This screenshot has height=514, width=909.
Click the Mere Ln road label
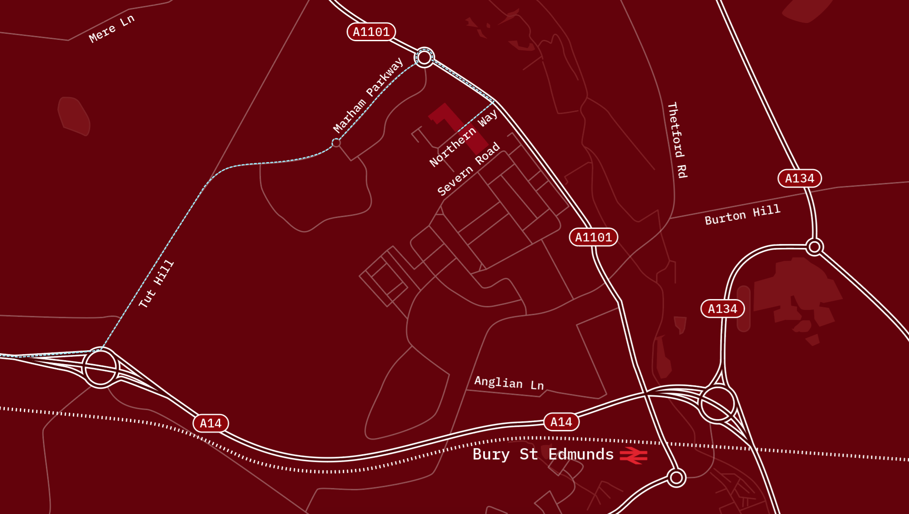pyautogui.click(x=111, y=29)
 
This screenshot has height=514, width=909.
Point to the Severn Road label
pyautogui.click(x=468, y=169)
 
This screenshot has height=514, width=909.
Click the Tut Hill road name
pyautogui.click(x=156, y=284)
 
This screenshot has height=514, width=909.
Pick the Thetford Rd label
pyautogui.click(x=677, y=140)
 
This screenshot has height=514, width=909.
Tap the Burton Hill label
pyautogui.click(x=742, y=215)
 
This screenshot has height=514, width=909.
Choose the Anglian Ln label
pyautogui.click(x=509, y=383)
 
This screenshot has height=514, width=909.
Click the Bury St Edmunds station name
pyautogui.click(x=543, y=454)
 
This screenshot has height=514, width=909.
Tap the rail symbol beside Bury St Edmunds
pyautogui.click(x=633, y=455)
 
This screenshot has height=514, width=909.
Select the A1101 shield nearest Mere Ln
pyautogui.click(x=371, y=32)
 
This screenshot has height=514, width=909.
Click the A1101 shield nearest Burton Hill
pyautogui.click(x=593, y=237)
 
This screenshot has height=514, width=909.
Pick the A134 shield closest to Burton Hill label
pyautogui.click(x=799, y=178)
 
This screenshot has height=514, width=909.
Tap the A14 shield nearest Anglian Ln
pyautogui.click(x=561, y=422)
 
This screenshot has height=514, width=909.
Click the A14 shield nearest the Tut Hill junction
pyautogui.click(x=211, y=423)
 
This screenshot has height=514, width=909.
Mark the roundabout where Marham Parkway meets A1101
pyautogui.click(x=424, y=57)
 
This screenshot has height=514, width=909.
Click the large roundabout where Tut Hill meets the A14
pyautogui.click(x=101, y=368)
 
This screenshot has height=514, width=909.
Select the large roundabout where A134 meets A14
pyautogui.click(x=717, y=404)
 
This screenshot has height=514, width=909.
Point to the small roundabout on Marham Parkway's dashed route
pyautogui.click(x=336, y=143)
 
